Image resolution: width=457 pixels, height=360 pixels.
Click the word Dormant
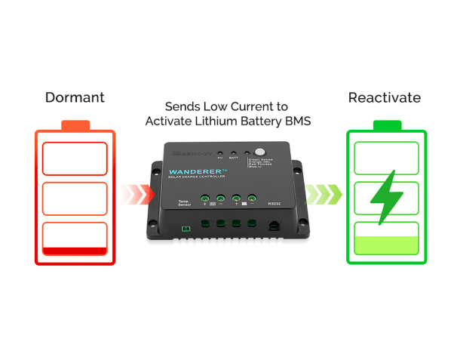75,97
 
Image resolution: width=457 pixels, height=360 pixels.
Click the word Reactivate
385,97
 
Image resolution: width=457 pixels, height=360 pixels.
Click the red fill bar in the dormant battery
75,250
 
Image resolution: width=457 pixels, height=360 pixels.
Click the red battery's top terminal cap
75,125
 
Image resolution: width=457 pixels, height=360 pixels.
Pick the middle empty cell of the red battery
75,198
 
